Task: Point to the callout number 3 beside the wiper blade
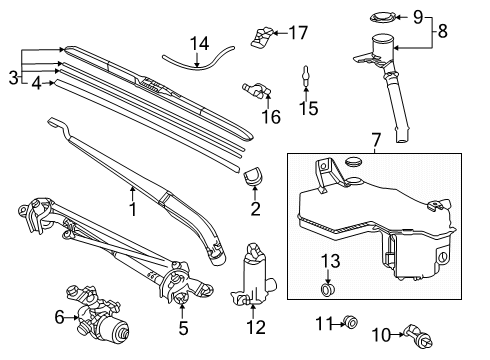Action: (x=12, y=77)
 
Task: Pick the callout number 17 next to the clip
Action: (x=298, y=33)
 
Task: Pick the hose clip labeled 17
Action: (x=264, y=36)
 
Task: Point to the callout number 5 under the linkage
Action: (x=182, y=327)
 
